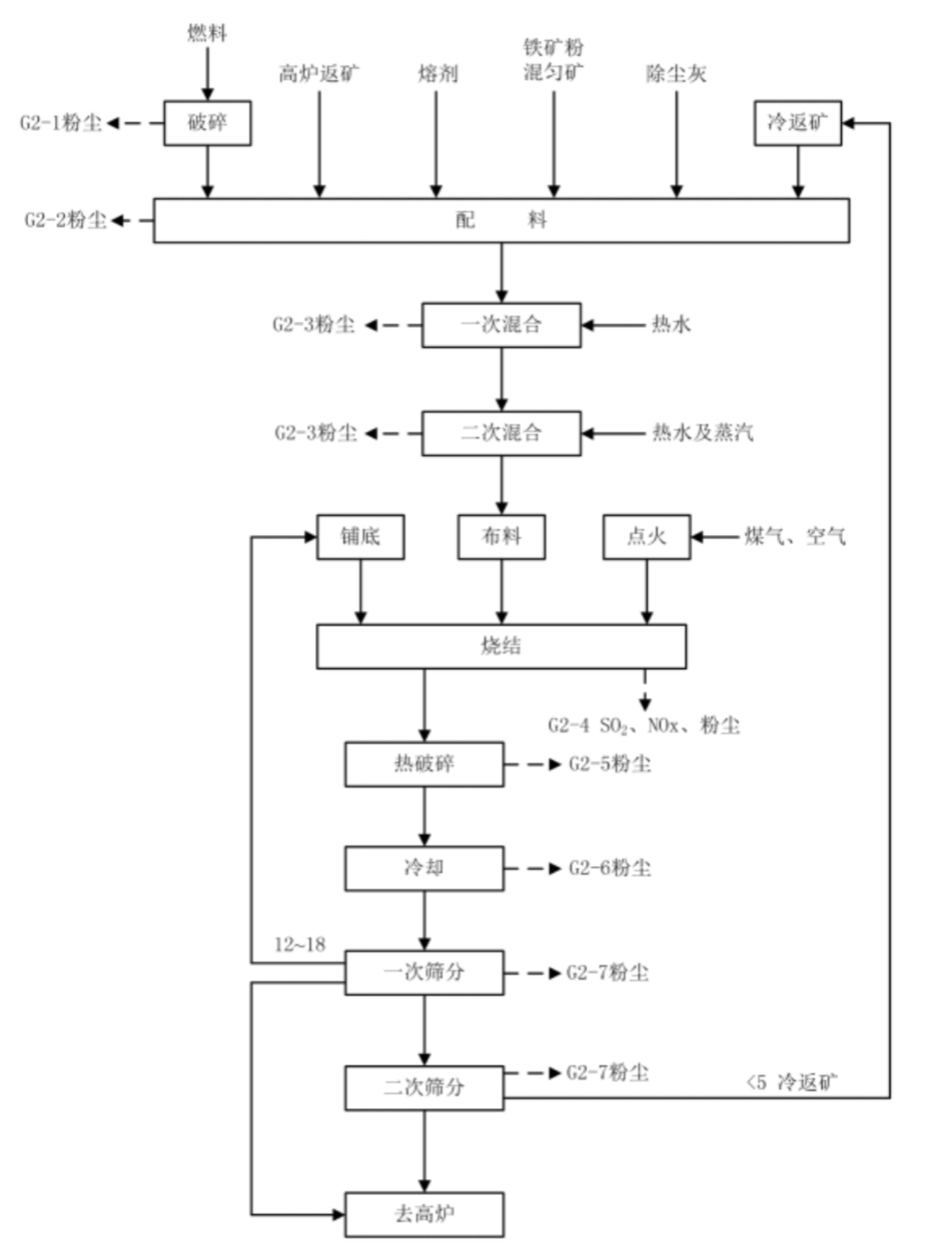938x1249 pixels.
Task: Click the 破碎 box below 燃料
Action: tap(207, 123)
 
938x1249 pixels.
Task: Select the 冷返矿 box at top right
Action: tap(797, 123)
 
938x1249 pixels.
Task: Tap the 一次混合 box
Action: tap(501, 325)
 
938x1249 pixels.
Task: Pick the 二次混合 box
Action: tap(501, 433)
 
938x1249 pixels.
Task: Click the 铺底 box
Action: tap(360, 537)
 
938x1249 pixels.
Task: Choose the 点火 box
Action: tap(646, 537)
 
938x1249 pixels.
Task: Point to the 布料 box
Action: tap(501, 537)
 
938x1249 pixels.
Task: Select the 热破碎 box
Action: tap(424, 764)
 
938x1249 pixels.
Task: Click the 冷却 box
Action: tap(424, 868)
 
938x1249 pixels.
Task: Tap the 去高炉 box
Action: tap(424, 1214)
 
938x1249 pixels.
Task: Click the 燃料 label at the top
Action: tap(207, 33)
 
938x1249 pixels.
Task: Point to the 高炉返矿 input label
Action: tap(319, 74)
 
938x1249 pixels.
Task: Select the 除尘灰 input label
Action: tap(676, 74)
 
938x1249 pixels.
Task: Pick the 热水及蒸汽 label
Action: tap(702, 433)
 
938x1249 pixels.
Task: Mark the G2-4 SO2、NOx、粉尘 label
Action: tap(644, 726)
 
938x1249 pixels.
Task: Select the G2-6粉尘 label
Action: tap(609, 868)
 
